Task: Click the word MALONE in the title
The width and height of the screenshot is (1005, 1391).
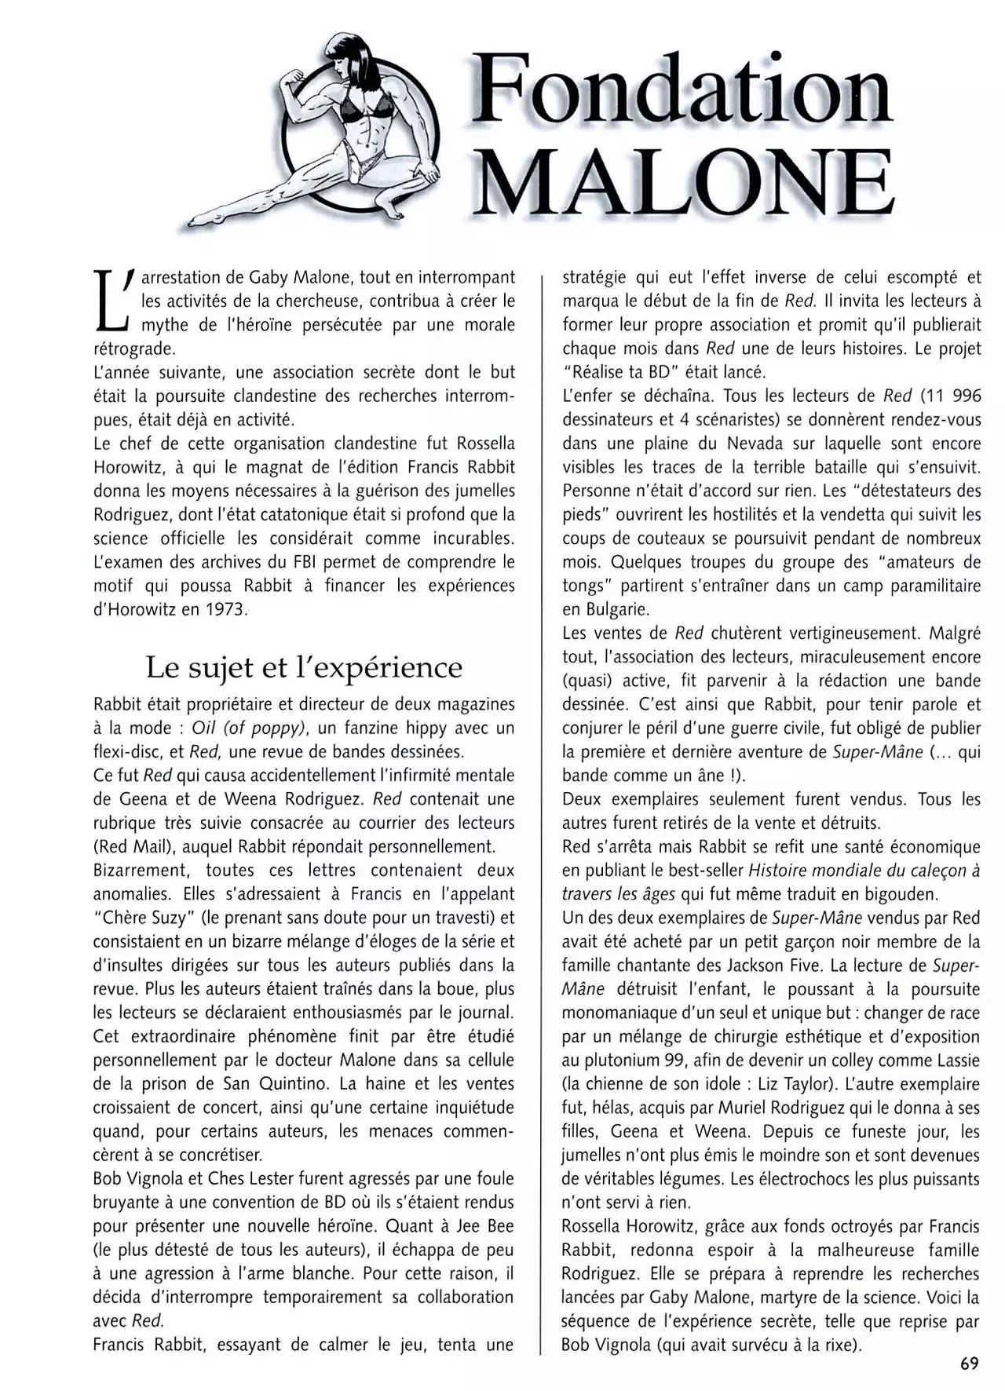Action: [x=685, y=182]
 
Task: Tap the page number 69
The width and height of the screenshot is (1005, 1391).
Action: [x=970, y=1364]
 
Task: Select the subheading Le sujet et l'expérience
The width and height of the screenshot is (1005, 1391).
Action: [x=304, y=668]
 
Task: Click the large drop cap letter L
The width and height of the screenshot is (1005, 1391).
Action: [x=111, y=301]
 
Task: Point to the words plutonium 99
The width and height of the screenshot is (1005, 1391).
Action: [x=626, y=1060]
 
